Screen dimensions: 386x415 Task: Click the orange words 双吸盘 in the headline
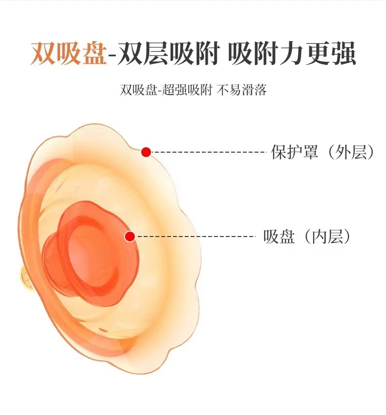click(x=68, y=54)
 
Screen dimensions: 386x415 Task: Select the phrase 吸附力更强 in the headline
click(x=292, y=54)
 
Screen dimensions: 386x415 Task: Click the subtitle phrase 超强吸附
click(x=186, y=91)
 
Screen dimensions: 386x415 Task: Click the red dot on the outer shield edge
click(x=146, y=152)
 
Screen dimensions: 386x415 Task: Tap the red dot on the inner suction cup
click(x=129, y=237)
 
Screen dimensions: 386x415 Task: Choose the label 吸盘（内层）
click(x=308, y=237)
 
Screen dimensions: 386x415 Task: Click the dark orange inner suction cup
click(x=93, y=254)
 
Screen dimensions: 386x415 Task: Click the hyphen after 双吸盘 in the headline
click(x=111, y=55)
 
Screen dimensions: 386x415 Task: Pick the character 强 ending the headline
click(x=344, y=54)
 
